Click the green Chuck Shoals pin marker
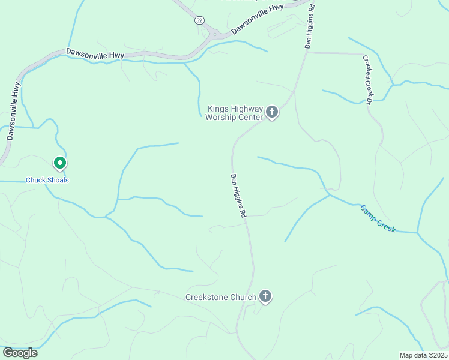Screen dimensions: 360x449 [x=59, y=163]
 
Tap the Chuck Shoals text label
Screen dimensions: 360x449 [x=47, y=180]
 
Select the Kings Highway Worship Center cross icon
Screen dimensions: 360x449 [x=272, y=112]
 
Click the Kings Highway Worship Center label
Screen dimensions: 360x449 [x=234, y=113]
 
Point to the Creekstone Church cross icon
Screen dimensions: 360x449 [x=265, y=296]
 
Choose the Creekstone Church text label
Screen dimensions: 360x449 [x=221, y=297]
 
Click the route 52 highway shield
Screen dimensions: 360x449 [x=199, y=20]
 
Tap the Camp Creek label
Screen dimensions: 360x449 [x=378, y=218]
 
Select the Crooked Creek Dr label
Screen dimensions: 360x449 [x=367, y=79]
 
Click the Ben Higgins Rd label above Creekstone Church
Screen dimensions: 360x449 [x=238, y=196]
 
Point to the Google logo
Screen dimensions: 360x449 [x=20, y=353]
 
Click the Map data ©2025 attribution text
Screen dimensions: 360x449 [x=423, y=355]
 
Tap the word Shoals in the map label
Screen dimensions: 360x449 [x=58, y=180]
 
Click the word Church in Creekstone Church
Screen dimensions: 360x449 [x=243, y=297]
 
